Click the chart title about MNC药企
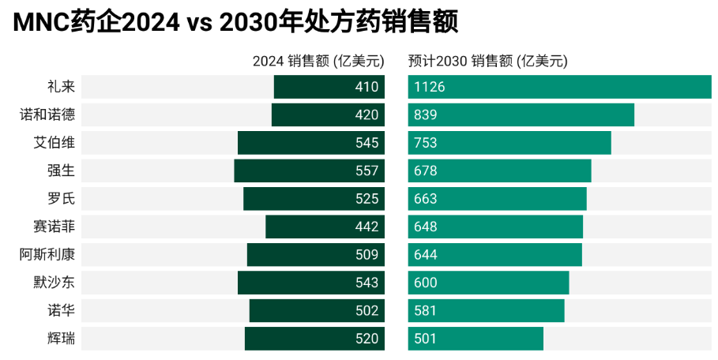tap(235, 22)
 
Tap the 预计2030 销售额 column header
tap(488, 61)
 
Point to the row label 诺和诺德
tap(47, 114)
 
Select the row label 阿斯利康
tap(47, 254)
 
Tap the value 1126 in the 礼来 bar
tap(430, 87)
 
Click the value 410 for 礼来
tap(367, 87)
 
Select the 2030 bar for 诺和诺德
tap(521, 114)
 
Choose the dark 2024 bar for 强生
tap(309, 171)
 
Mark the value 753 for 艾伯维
tap(425, 143)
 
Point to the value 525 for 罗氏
tap(367, 199)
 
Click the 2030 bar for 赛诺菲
tap(495, 227)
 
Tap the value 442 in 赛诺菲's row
tap(367, 227)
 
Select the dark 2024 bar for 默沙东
tap(311, 283)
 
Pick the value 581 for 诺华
tap(425, 310)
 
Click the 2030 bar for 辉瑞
tap(476, 338)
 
